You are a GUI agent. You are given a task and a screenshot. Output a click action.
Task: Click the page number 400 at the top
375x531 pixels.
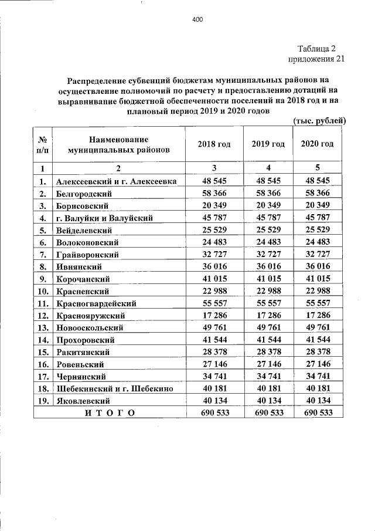coord(197,20)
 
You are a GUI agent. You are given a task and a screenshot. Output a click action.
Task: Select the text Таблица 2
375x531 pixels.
coord(316,49)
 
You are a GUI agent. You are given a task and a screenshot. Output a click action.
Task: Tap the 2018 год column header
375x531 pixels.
coord(214,144)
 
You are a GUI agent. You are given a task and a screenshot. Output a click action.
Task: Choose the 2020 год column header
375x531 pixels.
coord(317,144)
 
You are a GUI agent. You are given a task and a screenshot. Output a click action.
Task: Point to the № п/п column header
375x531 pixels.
coord(42,144)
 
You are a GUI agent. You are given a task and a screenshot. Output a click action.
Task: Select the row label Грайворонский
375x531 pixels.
coord(87,255)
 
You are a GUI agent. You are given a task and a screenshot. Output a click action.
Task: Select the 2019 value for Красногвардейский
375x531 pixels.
coord(268,303)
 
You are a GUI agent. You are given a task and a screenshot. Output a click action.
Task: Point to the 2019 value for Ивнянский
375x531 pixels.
coord(268,266)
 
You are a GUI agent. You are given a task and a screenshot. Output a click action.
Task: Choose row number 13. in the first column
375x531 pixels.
coord(42,327)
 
